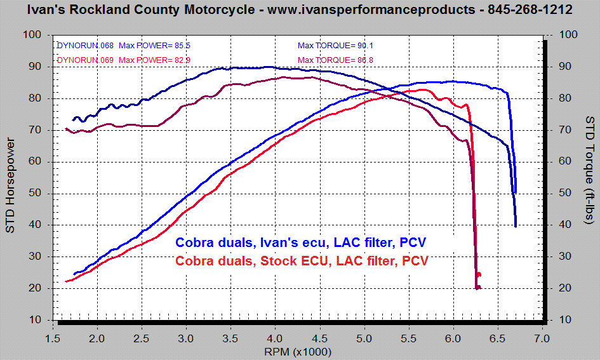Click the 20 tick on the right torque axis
click(x=563, y=288)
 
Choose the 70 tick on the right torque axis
click(x=563, y=130)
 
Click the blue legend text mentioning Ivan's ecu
click(x=301, y=243)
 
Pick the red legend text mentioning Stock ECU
click(x=302, y=261)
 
